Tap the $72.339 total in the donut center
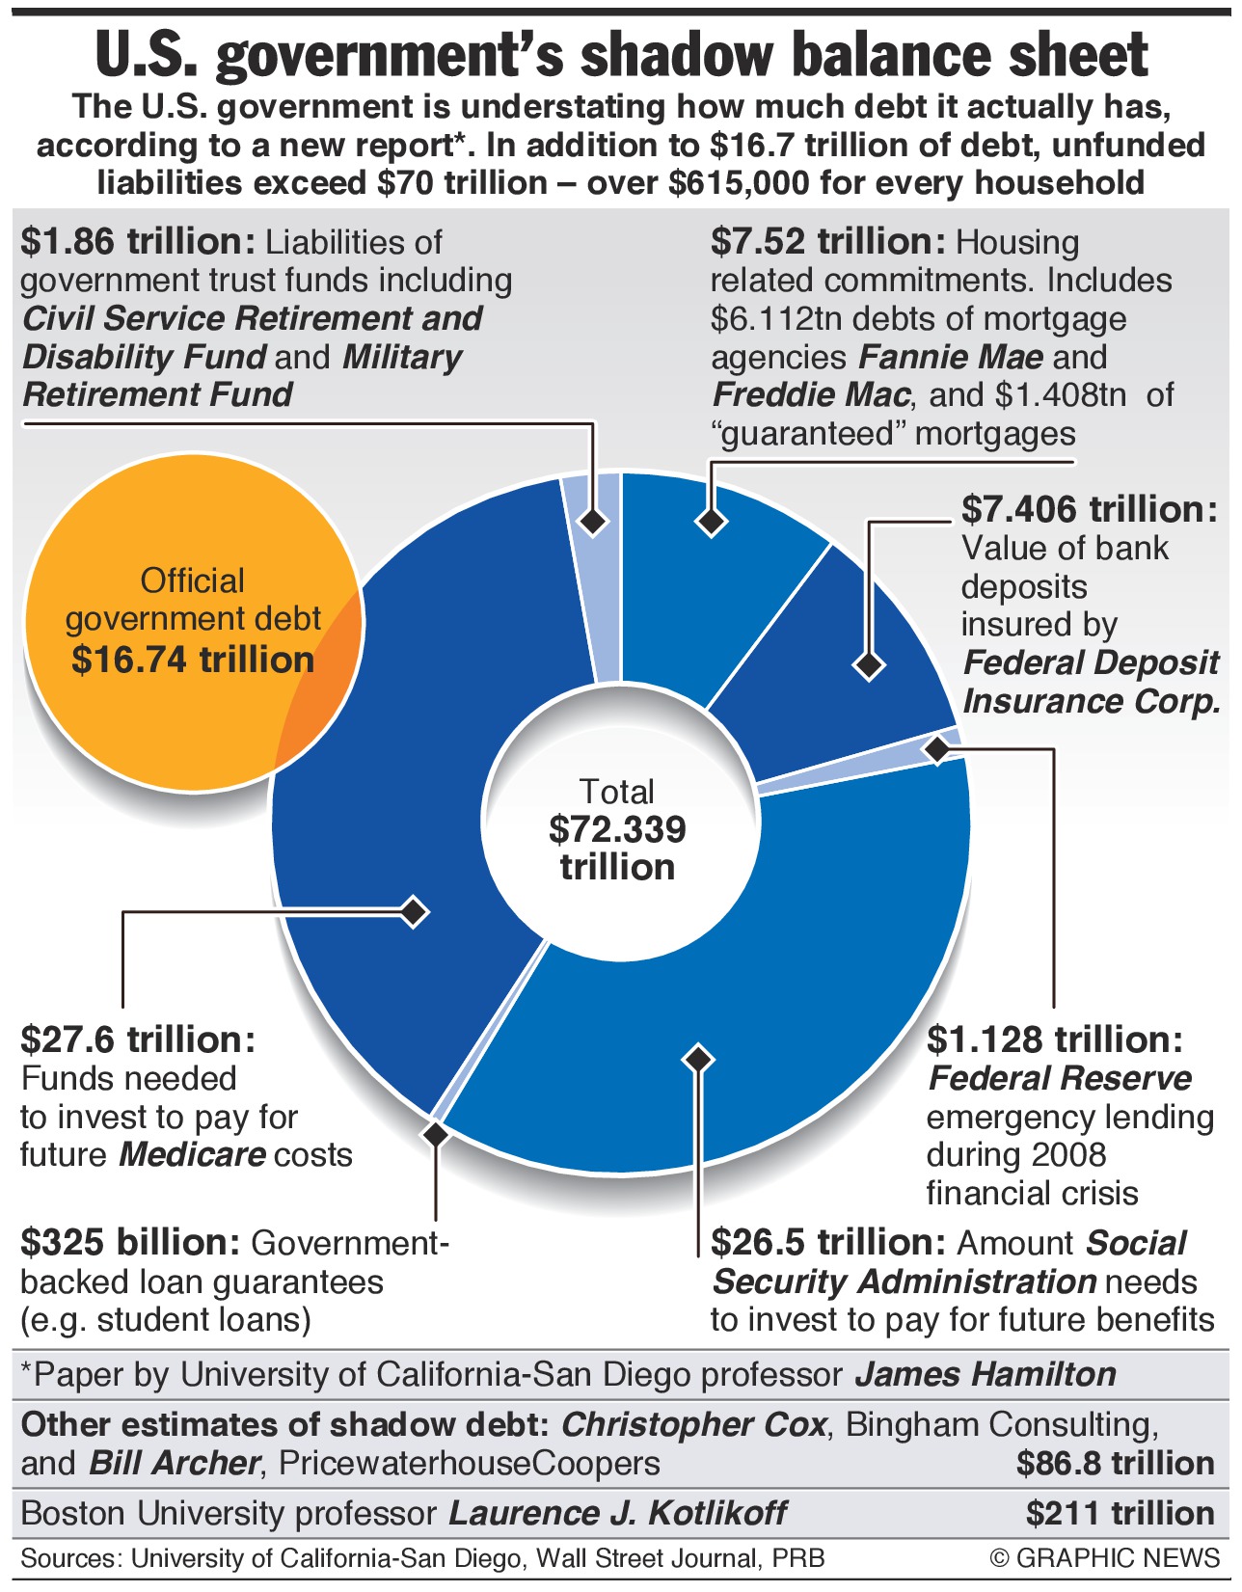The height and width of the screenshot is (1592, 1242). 617,829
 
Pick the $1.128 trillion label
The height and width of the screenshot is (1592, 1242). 1055,1039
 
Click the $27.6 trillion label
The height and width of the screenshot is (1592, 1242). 138,1039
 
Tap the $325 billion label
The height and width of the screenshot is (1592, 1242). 130,1243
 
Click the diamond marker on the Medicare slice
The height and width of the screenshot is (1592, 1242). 414,911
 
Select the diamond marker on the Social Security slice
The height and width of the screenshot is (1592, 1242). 698,1058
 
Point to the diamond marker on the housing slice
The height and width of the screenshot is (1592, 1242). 711,522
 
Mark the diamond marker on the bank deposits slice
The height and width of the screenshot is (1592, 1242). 869,664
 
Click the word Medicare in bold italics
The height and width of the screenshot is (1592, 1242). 192,1154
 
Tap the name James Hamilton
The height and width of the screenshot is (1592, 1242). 985,1374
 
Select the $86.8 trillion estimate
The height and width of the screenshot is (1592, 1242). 1115,1464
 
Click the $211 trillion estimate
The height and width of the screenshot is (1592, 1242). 1120,1513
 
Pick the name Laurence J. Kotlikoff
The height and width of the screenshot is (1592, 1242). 617,1513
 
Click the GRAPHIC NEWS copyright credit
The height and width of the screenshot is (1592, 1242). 1105,1558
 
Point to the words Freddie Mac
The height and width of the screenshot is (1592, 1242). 811,394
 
